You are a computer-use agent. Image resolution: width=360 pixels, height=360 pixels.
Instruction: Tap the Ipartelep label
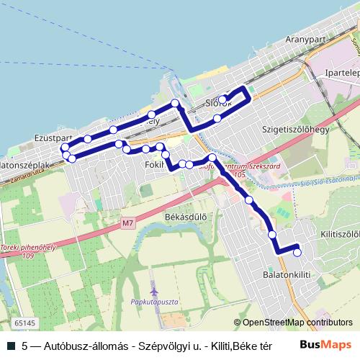click(341, 94)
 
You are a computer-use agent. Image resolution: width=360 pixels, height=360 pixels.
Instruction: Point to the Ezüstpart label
click(53, 137)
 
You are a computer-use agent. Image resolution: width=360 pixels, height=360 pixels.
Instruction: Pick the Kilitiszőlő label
click(340, 235)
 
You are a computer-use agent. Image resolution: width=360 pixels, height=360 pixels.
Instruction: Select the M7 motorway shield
click(128, 223)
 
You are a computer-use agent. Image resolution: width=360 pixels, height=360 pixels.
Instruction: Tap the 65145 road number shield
click(24, 325)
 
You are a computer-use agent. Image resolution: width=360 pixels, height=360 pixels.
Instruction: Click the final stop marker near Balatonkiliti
click(297, 251)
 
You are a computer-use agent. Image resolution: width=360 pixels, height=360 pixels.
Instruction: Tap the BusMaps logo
click(325, 345)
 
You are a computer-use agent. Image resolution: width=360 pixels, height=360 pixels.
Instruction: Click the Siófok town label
click(218, 103)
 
